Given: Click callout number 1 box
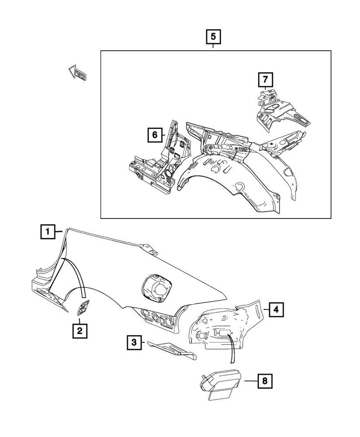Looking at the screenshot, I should click(48, 231).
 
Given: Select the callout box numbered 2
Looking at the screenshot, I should click(80, 331).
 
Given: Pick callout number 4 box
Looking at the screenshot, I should click(275, 310).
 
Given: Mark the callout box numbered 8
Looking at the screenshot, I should click(264, 381).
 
